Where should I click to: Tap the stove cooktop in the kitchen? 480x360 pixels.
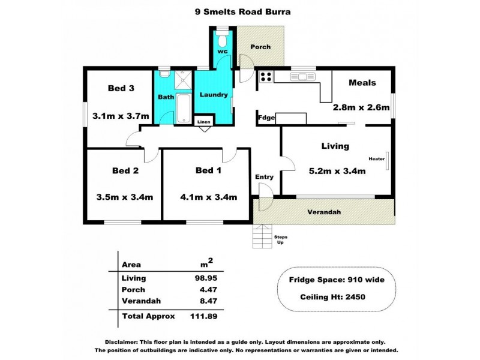[x=265, y=77]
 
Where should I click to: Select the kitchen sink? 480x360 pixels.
[x=298, y=76]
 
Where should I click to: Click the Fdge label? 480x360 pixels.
[x=266, y=118]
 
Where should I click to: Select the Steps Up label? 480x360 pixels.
[x=280, y=239]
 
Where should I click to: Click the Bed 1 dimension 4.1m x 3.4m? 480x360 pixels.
[x=208, y=196]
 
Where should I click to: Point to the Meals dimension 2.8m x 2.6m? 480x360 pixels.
[x=361, y=108]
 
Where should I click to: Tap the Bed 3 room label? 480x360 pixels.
[x=121, y=89]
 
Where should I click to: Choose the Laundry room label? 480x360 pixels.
[x=213, y=95]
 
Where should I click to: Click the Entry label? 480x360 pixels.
[x=264, y=177]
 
